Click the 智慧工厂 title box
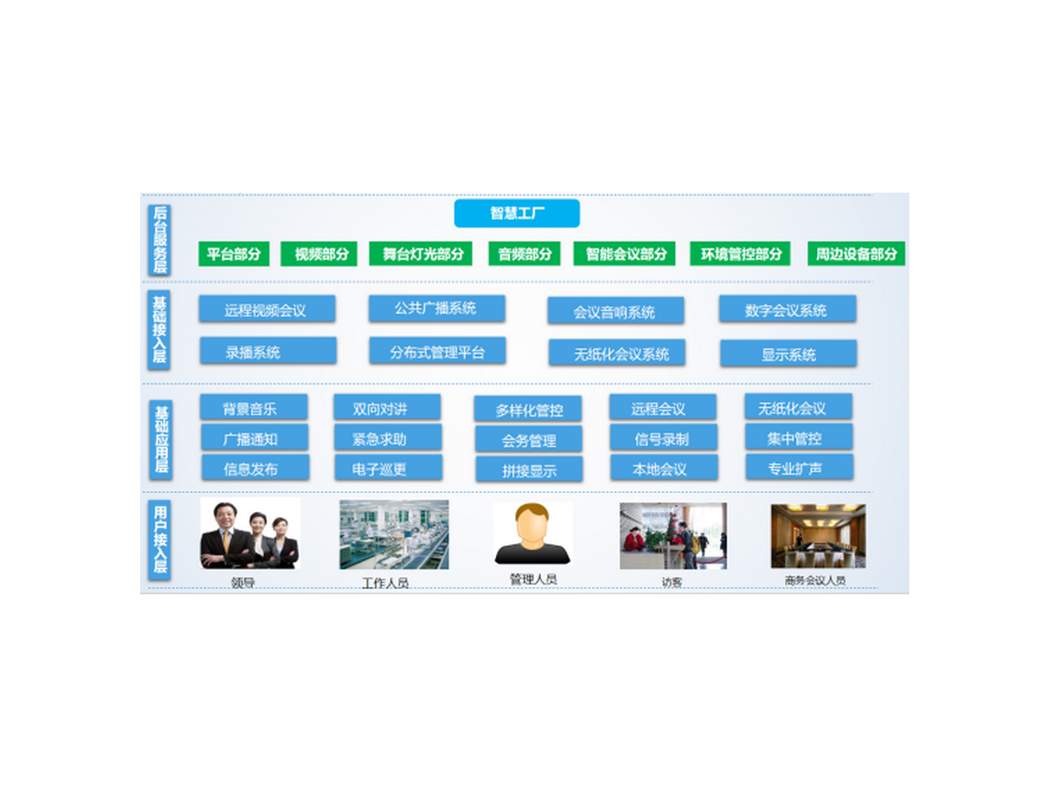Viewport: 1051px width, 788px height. (517, 214)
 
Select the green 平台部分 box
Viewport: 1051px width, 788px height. (234, 254)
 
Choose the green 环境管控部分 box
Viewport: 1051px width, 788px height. (740, 254)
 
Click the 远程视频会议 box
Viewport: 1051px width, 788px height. (266, 309)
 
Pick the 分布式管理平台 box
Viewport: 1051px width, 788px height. (437, 352)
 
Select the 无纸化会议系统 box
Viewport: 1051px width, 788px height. (617, 354)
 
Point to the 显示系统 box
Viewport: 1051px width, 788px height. (788, 354)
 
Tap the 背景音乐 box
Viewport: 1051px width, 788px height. (253, 408)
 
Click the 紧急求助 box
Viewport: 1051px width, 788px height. (387, 438)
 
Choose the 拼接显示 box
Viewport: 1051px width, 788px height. (529, 469)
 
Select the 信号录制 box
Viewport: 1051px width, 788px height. (663, 438)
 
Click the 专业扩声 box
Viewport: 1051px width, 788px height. (799, 468)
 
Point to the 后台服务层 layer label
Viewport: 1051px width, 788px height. (160, 239)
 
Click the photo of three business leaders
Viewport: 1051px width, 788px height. (250, 534)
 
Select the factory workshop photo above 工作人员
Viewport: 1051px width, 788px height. (394, 535)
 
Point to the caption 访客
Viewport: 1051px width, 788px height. (672, 582)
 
